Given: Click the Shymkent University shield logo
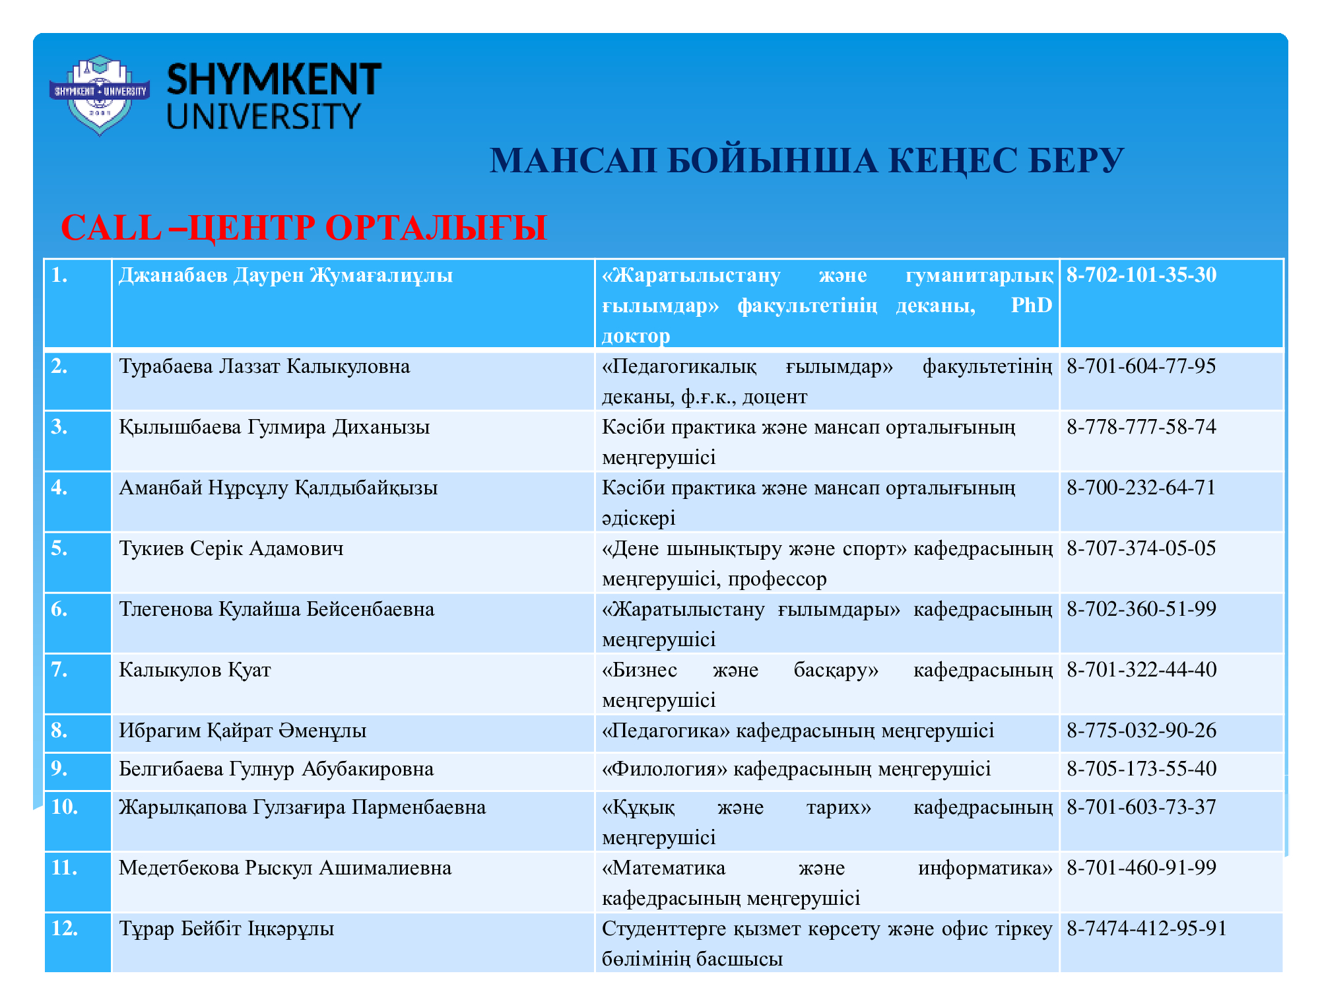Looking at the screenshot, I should (99, 95).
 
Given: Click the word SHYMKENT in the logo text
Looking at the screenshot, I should (274, 80).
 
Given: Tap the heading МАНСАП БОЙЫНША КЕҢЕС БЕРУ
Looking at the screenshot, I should (806, 161).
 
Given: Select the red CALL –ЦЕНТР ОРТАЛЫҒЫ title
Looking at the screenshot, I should (304, 228).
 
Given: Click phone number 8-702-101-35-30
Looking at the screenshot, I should (1141, 275).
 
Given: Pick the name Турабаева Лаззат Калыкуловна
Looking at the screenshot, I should (264, 366).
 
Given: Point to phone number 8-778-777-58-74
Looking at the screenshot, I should (1141, 427).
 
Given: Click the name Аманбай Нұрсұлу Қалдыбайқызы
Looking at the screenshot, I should (278, 488).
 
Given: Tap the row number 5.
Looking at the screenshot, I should (59, 548).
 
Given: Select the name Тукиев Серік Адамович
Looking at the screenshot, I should (231, 548).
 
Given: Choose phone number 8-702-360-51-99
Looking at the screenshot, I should (1141, 609).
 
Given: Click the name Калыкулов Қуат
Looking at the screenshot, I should (195, 670).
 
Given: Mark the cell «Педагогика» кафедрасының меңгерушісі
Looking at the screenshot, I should (797, 731).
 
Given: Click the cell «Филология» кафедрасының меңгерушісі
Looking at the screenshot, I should (796, 769).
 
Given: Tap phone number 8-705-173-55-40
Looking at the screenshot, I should (1141, 769).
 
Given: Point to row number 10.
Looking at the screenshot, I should (64, 807).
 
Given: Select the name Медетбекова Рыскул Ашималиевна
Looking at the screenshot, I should (285, 868).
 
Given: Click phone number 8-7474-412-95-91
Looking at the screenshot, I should (1146, 929).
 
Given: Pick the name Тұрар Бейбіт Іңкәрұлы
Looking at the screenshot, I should (226, 929).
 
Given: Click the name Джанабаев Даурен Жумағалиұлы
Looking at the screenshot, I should (286, 275).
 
